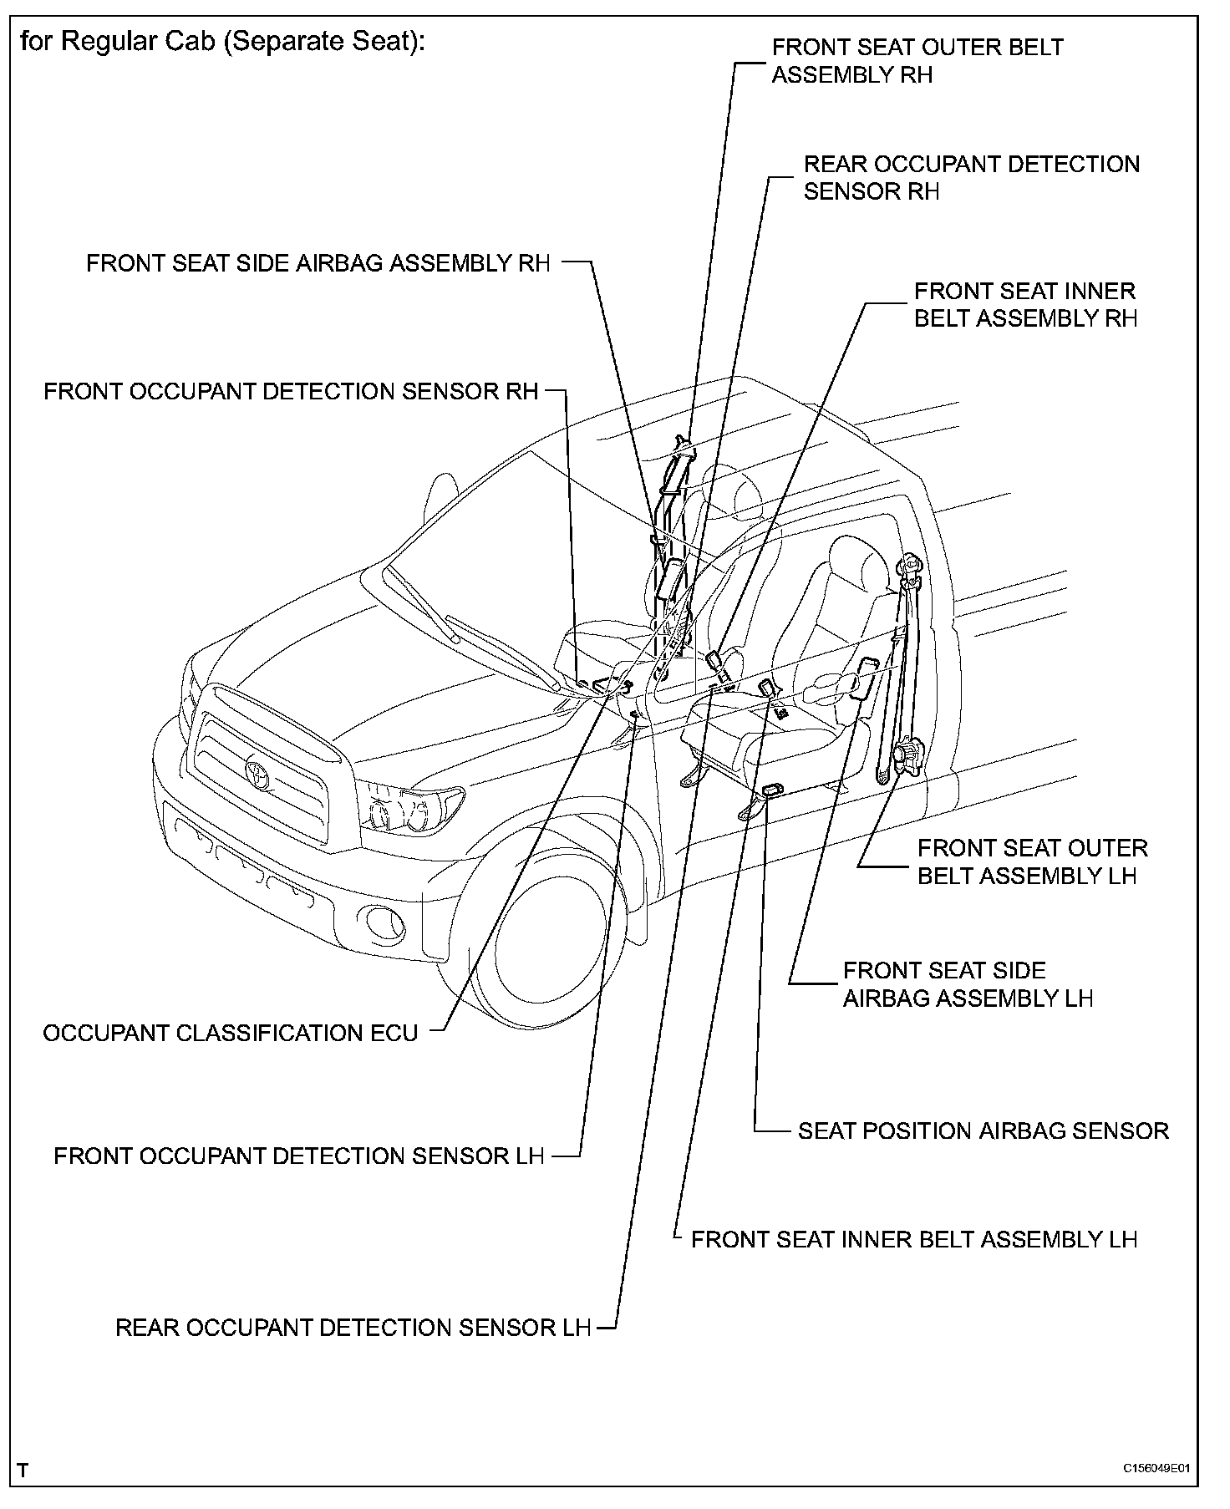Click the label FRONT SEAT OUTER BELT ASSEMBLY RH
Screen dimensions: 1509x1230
tap(917, 61)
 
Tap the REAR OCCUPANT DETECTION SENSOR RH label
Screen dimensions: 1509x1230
tap(971, 177)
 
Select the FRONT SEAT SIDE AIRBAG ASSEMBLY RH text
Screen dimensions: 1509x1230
tap(318, 263)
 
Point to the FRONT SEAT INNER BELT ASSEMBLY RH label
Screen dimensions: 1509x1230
tap(1025, 305)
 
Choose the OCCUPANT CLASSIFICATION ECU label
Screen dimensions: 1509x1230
tap(231, 1034)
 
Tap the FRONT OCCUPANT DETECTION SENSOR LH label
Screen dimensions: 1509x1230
tap(298, 1156)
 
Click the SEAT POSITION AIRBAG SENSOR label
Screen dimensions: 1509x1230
tap(983, 1131)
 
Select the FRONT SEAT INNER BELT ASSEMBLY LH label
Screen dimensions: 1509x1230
tap(914, 1239)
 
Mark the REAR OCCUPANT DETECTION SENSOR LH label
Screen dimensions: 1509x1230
tap(353, 1328)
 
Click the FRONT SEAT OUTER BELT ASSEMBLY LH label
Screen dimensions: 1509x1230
tap(1032, 861)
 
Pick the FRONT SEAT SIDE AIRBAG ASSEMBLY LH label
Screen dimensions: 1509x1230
tap(968, 984)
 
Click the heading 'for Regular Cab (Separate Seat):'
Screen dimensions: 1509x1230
tap(222, 41)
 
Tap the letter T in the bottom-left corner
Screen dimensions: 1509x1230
tap(23, 1470)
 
